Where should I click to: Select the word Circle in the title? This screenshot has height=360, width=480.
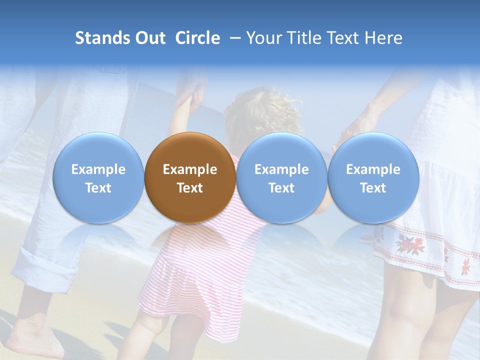197,38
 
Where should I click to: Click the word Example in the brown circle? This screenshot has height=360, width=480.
190,169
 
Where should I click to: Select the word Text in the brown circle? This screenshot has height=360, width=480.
190,188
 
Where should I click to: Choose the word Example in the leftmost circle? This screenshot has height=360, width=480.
98,169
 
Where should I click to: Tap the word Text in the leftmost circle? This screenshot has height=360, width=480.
98,188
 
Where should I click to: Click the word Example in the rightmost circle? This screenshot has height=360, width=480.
373,169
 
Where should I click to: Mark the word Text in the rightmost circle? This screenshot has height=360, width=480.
373,188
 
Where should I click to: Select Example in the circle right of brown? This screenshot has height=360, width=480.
281,169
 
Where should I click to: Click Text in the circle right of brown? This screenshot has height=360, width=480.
281,188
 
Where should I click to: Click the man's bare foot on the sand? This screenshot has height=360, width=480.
32,335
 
